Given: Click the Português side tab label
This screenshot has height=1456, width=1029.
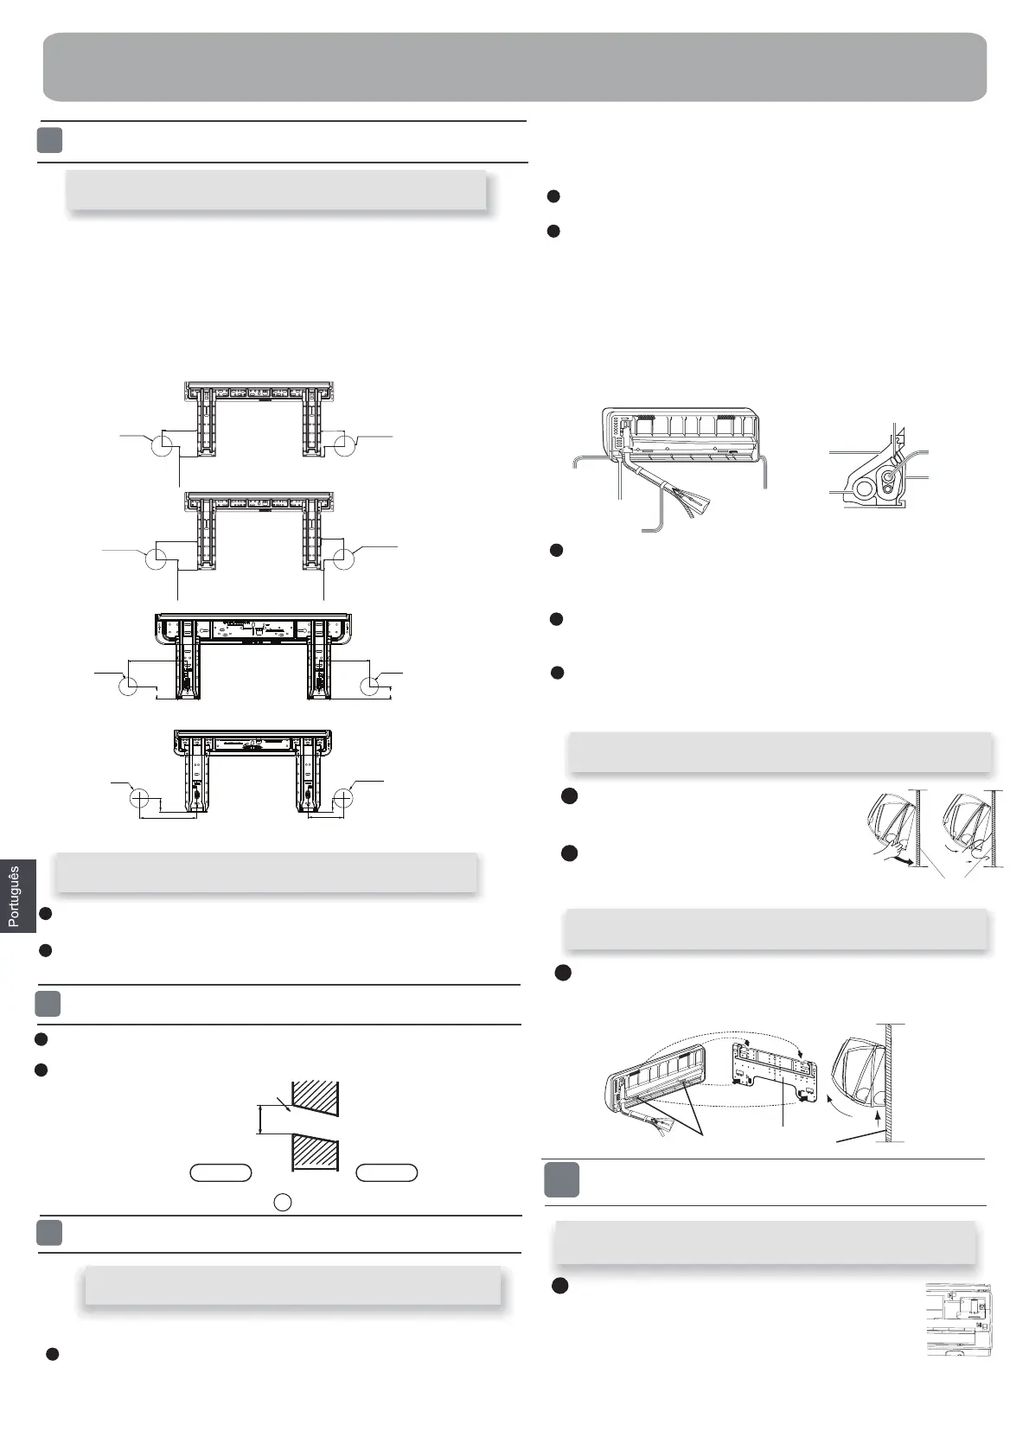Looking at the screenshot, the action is click(x=13, y=897).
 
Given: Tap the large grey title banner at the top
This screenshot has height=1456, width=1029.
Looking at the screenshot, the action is click(x=514, y=67).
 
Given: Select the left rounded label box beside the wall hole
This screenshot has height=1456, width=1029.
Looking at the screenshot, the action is click(x=220, y=1172).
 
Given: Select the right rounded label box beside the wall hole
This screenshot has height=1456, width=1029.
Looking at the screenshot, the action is click(x=387, y=1172).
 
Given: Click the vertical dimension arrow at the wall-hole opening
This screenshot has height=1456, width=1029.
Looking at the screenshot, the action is click(x=260, y=1119).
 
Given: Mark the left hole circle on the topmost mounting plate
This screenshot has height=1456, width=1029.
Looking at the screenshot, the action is click(x=162, y=446).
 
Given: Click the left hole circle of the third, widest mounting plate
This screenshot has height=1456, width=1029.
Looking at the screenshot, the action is click(x=127, y=686).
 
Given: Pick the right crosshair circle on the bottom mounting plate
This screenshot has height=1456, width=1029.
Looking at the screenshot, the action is click(x=343, y=798).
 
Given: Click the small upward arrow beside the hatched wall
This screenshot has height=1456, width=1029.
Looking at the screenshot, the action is click(x=879, y=1122).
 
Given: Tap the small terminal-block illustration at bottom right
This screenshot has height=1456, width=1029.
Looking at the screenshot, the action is click(x=958, y=1319).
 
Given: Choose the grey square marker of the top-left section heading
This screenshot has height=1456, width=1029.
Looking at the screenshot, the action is click(x=50, y=141).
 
